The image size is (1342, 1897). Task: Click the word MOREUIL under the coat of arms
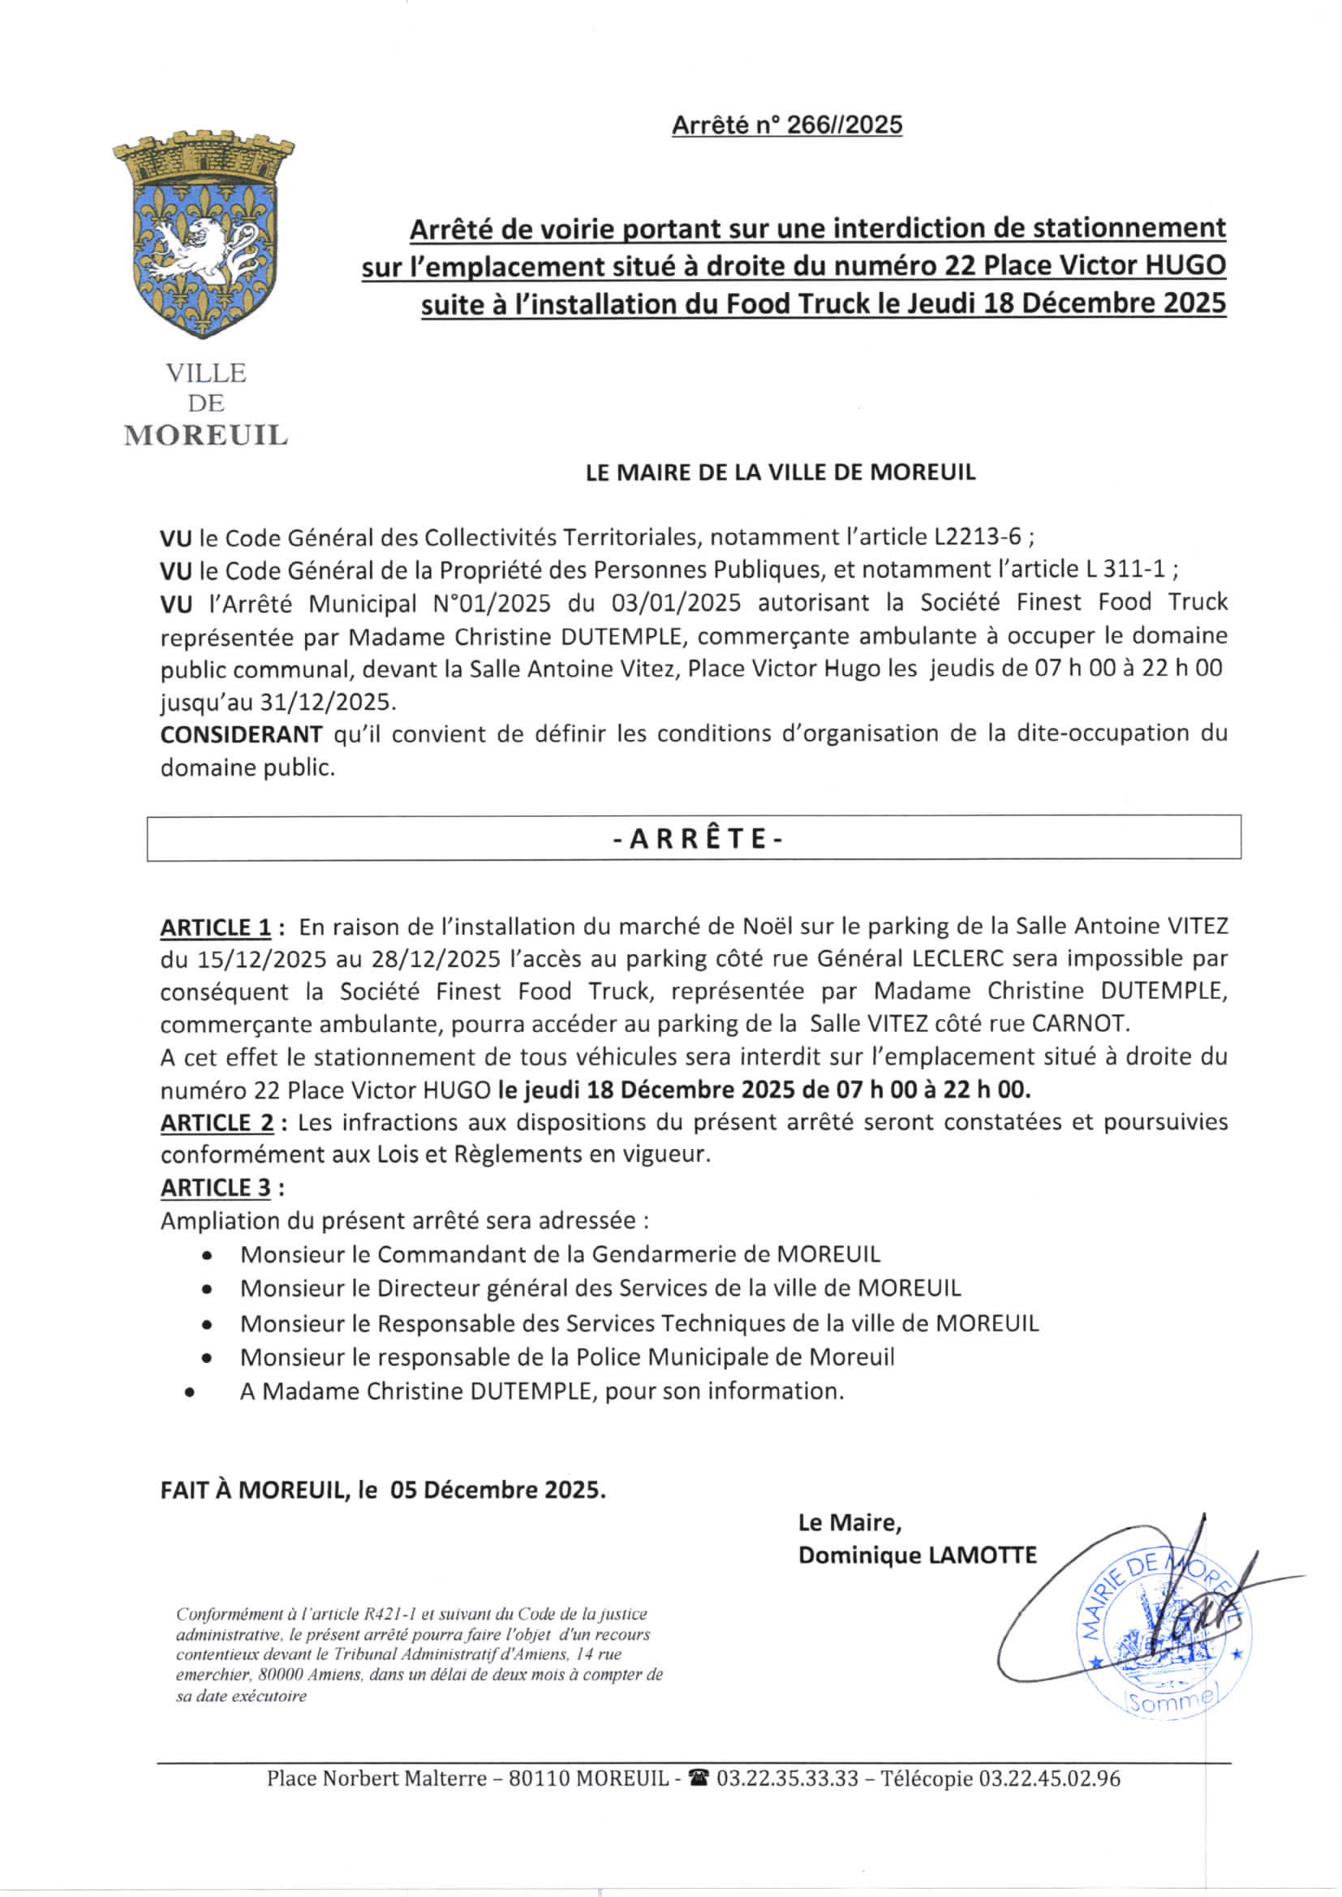point(206,436)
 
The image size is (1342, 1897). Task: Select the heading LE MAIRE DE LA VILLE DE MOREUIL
point(780,472)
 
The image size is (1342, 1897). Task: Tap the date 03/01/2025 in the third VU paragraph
point(676,603)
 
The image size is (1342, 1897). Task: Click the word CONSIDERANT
point(241,733)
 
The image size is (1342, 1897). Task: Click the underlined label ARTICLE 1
point(216,928)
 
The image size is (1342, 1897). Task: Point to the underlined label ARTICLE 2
point(216,1123)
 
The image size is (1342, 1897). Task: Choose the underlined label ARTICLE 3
point(216,1188)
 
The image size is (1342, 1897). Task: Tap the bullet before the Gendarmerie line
point(206,1256)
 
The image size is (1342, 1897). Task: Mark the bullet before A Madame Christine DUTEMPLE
point(191,1392)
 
